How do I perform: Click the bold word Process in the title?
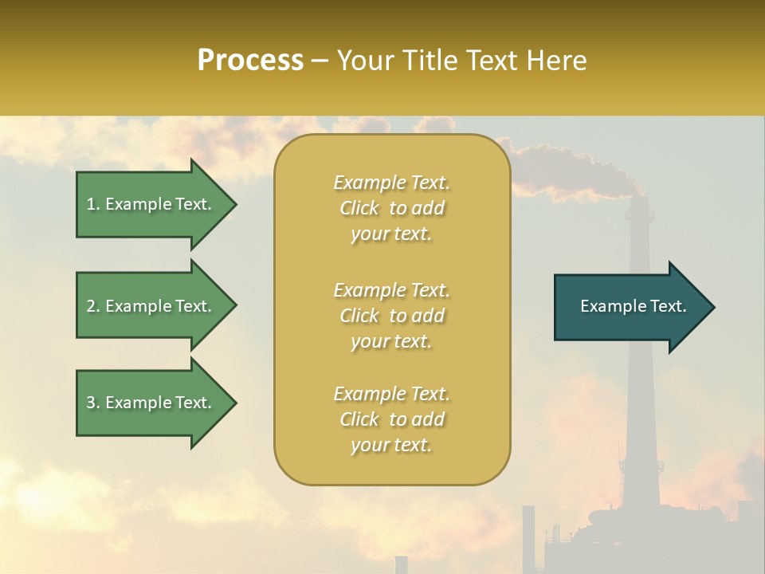pos(250,61)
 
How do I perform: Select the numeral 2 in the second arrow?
pos(91,306)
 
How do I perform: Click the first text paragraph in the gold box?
pos(391,208)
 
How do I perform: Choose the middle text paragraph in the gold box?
pos(391,316)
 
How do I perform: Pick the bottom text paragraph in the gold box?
pos(391,419)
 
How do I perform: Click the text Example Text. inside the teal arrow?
pos(633,306)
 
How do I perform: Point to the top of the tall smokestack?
pos(637,199)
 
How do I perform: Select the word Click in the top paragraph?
pos(359,209)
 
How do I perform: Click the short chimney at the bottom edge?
pos(401,564)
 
